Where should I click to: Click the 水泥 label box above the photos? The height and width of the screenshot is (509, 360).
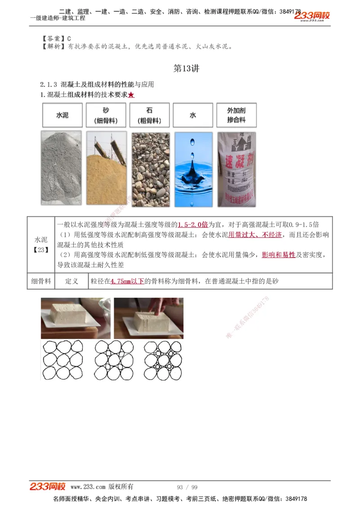point(62,115)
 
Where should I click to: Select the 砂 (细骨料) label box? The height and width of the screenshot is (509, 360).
point(106,115)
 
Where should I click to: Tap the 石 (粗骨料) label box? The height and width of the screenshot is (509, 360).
point(149,115)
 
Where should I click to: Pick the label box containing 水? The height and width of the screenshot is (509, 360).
point(193,115)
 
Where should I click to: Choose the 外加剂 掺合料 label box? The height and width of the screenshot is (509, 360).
point(236,115)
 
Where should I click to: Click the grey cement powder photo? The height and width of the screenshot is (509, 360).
point(61,168)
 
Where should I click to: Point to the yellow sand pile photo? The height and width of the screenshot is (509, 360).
point(106,168)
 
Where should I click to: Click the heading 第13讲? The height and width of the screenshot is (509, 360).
point(186,69)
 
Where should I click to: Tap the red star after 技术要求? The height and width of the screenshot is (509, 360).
point(131,95)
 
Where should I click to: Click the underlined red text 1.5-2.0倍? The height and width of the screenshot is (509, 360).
point(193,224)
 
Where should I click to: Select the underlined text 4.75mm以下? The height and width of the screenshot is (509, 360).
point(127,281)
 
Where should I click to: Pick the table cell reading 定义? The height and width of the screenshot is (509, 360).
point(72,281)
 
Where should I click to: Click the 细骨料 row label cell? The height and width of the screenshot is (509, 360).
point(41,281)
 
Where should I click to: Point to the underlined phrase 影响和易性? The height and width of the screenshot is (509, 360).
point(279,255)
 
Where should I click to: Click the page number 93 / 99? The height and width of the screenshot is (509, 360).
point(187,487)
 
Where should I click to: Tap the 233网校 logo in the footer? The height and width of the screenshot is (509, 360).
point(48,487)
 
